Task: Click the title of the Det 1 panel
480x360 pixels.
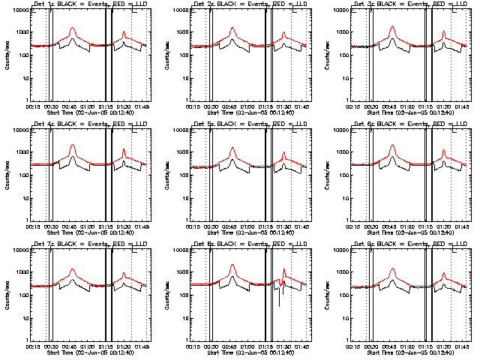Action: click(x=89, y=4)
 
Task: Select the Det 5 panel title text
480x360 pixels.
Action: click(x=250, y=124)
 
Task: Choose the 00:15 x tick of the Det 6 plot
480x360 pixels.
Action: click(x=355, y=226)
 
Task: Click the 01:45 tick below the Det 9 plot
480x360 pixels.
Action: click(x=463, y=346)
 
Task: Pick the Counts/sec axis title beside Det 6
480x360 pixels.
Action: click(x=327, y=175)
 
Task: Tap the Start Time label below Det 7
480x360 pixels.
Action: click(x=89, y=352)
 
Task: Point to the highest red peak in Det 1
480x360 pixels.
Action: click(x=73, y=28)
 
